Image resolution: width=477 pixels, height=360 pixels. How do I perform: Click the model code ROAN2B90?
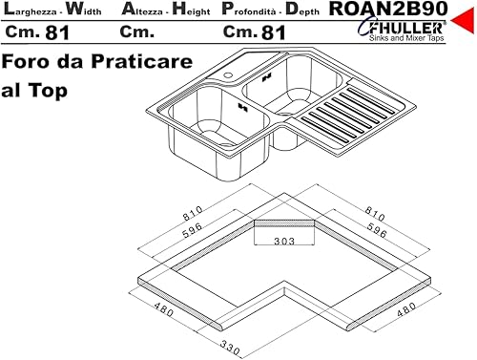[388, 9]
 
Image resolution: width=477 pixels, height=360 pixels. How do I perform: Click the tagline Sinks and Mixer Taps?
[406, 38]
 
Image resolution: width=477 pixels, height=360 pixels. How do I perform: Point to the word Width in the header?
[84, 10]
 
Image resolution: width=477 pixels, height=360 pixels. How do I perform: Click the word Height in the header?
[191, 10]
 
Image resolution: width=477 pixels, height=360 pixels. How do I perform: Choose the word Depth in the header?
[302, 10]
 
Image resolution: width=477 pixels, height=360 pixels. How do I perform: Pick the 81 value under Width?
[57, 32]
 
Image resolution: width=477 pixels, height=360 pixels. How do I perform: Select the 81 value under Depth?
[274, 32]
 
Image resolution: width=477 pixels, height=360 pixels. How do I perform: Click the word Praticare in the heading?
[142, 61]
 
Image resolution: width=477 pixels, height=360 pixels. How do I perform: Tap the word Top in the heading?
[48, 91]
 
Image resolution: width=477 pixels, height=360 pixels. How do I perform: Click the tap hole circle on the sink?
[228, 75]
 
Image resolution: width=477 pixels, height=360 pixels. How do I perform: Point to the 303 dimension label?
[284, 241]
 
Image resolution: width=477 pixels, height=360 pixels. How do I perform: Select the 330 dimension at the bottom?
[230, 348]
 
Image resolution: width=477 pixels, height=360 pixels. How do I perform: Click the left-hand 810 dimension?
[193, 213]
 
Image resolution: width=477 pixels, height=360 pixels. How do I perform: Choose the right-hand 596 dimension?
[377, 230]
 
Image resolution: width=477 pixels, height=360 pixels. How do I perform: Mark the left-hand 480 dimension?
[164, 309]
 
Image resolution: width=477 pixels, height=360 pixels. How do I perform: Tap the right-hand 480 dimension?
[406, 309]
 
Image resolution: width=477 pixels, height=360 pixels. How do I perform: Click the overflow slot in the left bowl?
[243, 108]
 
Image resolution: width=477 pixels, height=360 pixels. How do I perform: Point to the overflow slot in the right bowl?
[267, 77]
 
